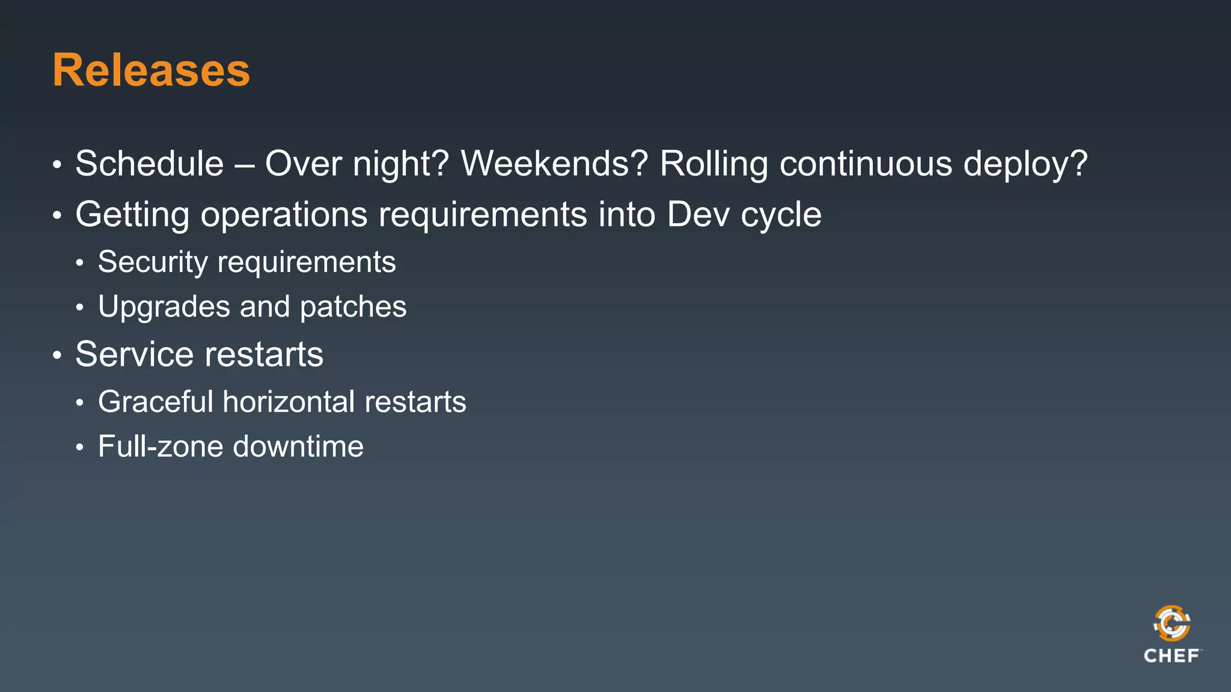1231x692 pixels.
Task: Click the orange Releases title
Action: pos(151,70)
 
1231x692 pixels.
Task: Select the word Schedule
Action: pos(149,163)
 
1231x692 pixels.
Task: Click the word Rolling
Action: pos(713,165)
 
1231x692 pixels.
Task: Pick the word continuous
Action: pos(866,163)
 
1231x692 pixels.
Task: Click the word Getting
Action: pos(132,215)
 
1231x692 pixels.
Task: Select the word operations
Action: pos(284,215)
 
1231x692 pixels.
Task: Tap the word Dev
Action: pos(698,214)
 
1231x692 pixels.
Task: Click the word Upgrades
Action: pos(163,308)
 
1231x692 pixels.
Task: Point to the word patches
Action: pos(353,308)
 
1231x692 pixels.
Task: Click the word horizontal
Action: pos(288,401)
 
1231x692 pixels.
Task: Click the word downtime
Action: pos(298,446)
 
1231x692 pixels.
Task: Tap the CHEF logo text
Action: pos(1171,656)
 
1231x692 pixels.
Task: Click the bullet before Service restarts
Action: pos(57,355)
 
